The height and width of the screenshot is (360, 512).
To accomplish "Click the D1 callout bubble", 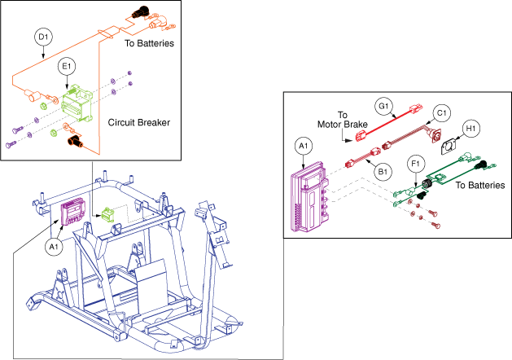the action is click(x=43, y=37).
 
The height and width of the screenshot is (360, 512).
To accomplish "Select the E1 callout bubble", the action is click(x=67, y=66).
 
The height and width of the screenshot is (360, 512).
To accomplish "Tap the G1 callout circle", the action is click(x=383, y=107).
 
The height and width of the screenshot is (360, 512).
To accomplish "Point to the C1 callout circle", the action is click(x=441, y=113).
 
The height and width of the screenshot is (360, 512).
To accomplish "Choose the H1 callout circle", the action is click(x=470, y=129).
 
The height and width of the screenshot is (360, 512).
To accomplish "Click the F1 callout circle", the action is click(x=416, y=164).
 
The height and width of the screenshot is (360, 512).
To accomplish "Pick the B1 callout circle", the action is click(x=383, y=172).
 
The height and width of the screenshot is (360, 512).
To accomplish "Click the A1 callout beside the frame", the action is click(x=54, y=247).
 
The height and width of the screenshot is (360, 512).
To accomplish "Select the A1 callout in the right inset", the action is click(x=304, y=146).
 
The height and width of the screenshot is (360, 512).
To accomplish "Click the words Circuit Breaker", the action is click(x=138, y=122).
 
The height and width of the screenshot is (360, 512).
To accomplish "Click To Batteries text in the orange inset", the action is click(x=149, y=43).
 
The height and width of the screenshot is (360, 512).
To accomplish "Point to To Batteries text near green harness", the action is click(x=480, y=185).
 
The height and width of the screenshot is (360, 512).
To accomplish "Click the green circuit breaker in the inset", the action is click(x=77, y=103).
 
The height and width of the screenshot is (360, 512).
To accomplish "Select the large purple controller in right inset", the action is click(x=309, y=197).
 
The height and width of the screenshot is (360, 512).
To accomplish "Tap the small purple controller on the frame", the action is click(x=73, y=212).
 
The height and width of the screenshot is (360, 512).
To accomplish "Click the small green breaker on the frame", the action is click(x=107, y=215).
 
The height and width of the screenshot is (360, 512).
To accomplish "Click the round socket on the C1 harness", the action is click(x=435, y=134).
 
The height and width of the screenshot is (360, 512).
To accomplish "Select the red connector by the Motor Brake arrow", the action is click(x=361, y=136).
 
